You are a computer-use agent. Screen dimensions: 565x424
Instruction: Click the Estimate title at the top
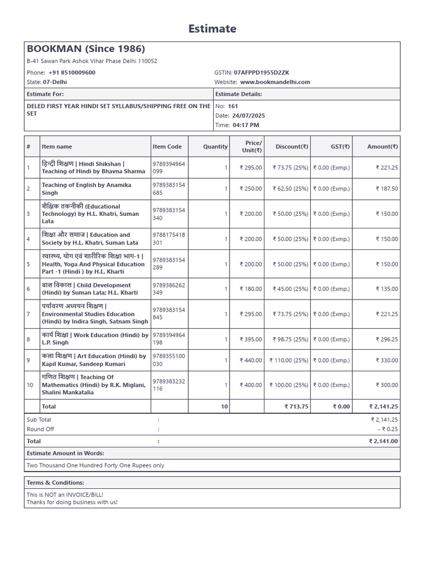coord(212,29)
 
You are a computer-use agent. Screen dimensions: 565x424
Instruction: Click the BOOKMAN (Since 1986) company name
coord(86,49)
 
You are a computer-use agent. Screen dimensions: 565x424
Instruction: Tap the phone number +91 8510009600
coord(72,73)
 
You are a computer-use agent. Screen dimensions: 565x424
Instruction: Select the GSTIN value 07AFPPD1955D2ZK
coord(261,73)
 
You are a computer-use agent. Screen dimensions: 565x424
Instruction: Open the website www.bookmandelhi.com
coord(275,82)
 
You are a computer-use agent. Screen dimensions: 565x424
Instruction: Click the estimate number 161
coord(233,106)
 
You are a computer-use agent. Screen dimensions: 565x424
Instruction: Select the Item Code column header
coord(167,147)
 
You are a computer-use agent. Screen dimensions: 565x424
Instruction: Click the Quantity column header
coord(215,147)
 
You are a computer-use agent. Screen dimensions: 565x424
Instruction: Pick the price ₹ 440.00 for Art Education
coord(251,360)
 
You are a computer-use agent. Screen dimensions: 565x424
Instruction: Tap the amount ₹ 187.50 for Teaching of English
coord(386,189)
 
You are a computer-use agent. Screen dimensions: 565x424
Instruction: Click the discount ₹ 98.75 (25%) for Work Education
coord(290,339)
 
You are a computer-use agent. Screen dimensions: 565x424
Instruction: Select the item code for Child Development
coord(168,289)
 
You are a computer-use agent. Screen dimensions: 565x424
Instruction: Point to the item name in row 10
coord(94,385)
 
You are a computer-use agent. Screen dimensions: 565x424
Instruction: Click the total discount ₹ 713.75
coord(296,407)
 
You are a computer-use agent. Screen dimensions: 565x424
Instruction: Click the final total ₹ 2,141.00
coord(383,441)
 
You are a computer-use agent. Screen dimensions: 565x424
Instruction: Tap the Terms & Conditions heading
coord(55,483)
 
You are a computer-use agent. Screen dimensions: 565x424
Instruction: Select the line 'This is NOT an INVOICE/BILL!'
coord(65,495)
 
